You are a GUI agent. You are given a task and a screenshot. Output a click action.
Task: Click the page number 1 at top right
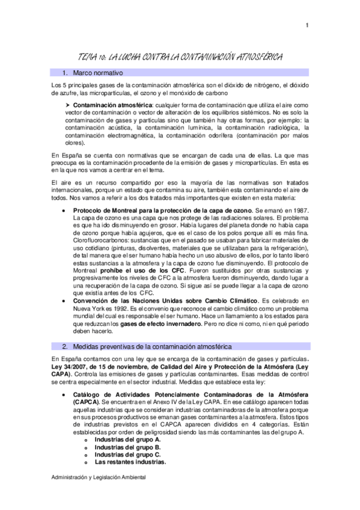click(307, 25)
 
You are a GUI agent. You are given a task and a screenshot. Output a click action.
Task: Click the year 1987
click(300, 211)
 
